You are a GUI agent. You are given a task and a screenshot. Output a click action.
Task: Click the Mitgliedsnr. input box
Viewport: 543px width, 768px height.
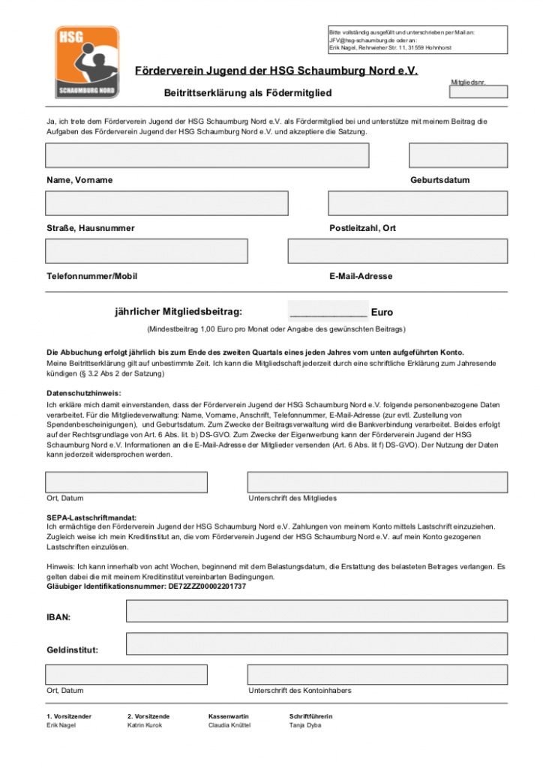point(478,92)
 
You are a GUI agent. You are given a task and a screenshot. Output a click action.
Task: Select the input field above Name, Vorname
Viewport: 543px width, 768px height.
point(207,155)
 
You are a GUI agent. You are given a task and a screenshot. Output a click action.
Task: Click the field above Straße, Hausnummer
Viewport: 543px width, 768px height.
point(166,203)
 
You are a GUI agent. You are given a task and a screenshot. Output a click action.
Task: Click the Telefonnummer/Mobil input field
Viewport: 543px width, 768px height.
point(146,250)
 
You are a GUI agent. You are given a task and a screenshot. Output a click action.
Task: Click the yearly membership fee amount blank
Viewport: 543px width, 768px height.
point(328,311)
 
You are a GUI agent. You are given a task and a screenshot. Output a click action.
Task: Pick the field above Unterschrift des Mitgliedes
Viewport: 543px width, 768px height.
point(377,482)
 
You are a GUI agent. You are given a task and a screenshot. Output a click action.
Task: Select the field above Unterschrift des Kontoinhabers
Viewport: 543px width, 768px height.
point(377,674)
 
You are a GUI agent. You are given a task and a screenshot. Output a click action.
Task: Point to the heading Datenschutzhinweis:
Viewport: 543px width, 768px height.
point(83,394)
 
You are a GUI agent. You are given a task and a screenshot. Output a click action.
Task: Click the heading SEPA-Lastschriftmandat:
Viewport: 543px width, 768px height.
point(93,518)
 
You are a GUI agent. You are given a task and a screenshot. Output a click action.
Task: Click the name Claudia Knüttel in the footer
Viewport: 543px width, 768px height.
point(229,726)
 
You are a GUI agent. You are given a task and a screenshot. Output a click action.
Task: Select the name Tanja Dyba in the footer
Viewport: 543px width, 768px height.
point(305,726)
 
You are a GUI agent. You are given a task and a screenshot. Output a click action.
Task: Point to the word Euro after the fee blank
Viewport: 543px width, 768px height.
point(382,313)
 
